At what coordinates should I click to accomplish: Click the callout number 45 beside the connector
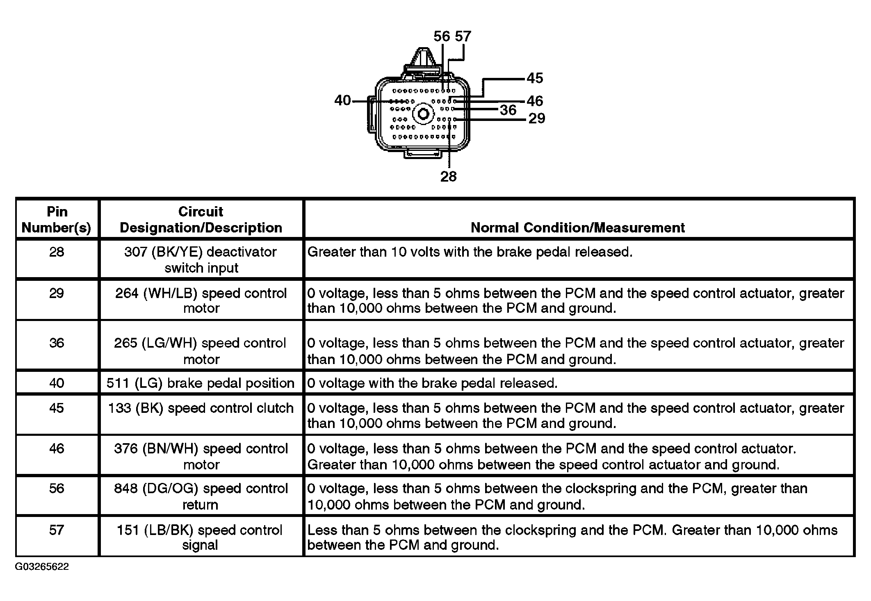click(535, 78)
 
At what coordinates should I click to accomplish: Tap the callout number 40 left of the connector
click(342, 100)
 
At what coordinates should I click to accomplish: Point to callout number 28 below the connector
click(448, 177)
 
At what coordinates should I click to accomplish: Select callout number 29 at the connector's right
click(536, 118)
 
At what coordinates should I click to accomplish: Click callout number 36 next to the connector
click(508, 110)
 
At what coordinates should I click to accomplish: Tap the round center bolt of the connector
click(423, 114)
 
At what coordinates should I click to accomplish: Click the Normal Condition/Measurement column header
click(577, 228)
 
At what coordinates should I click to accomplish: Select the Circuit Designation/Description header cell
click(201, 219)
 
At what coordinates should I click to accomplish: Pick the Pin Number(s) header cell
click(57, 219)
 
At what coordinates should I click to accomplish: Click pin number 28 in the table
click(57, 252)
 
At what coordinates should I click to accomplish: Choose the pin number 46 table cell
click(57, 448)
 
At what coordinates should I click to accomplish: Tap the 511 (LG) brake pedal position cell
click(201, 383)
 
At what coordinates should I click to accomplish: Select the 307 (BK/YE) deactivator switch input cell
click(201, 260)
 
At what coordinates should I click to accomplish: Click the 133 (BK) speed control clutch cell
click(201, 408)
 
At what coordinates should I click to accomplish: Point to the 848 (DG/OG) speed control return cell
click(201, 496)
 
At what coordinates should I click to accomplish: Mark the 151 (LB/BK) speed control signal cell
click(200, 537)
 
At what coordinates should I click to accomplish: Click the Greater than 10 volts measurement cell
click(470, 252)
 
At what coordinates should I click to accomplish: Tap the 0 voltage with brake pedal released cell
click(432, 383)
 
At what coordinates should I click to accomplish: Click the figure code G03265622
click(42, 567)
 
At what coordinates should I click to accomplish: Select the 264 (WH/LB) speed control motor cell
click(201, 300)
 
